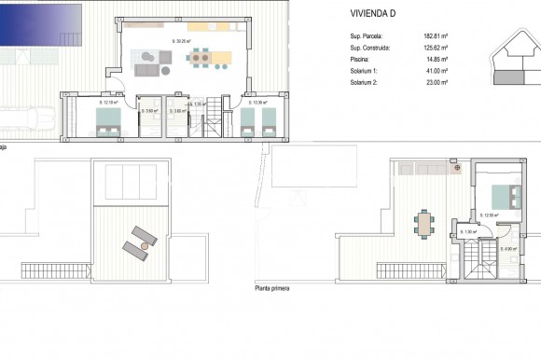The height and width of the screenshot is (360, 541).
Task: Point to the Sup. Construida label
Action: (370, 47)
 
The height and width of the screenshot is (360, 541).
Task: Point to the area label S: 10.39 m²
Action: (257, 103)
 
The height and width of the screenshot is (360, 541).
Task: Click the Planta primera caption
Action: (271, 289)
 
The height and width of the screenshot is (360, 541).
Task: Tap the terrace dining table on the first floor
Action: (424, 224)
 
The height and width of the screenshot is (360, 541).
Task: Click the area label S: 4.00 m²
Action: (508, 248)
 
